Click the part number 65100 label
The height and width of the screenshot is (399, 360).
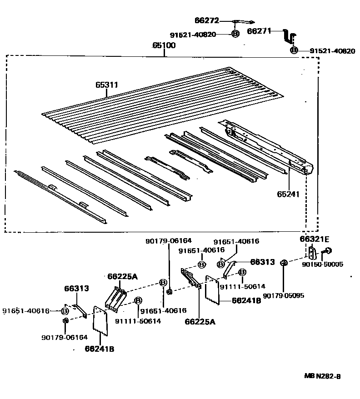coord(164,46)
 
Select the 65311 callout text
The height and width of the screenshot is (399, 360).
coord(106,85)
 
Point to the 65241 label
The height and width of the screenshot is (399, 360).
coord(288,194)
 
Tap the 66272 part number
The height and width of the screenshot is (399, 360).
coord(207,21)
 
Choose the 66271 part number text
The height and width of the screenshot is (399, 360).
coord(259,31)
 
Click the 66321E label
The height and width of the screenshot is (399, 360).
coord(314,239)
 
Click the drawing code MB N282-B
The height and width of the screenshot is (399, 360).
coord(322,376)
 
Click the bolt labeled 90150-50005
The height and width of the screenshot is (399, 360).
coord(327,250)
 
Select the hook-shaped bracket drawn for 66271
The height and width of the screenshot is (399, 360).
coord(290,35)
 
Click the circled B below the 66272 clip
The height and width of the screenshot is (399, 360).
coord(235,34)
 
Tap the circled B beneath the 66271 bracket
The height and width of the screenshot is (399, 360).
coord(294,50)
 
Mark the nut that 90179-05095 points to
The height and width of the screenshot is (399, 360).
coord(283,262)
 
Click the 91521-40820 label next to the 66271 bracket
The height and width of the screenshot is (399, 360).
coord(332,51)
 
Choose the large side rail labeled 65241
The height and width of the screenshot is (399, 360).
coord(268,145)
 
